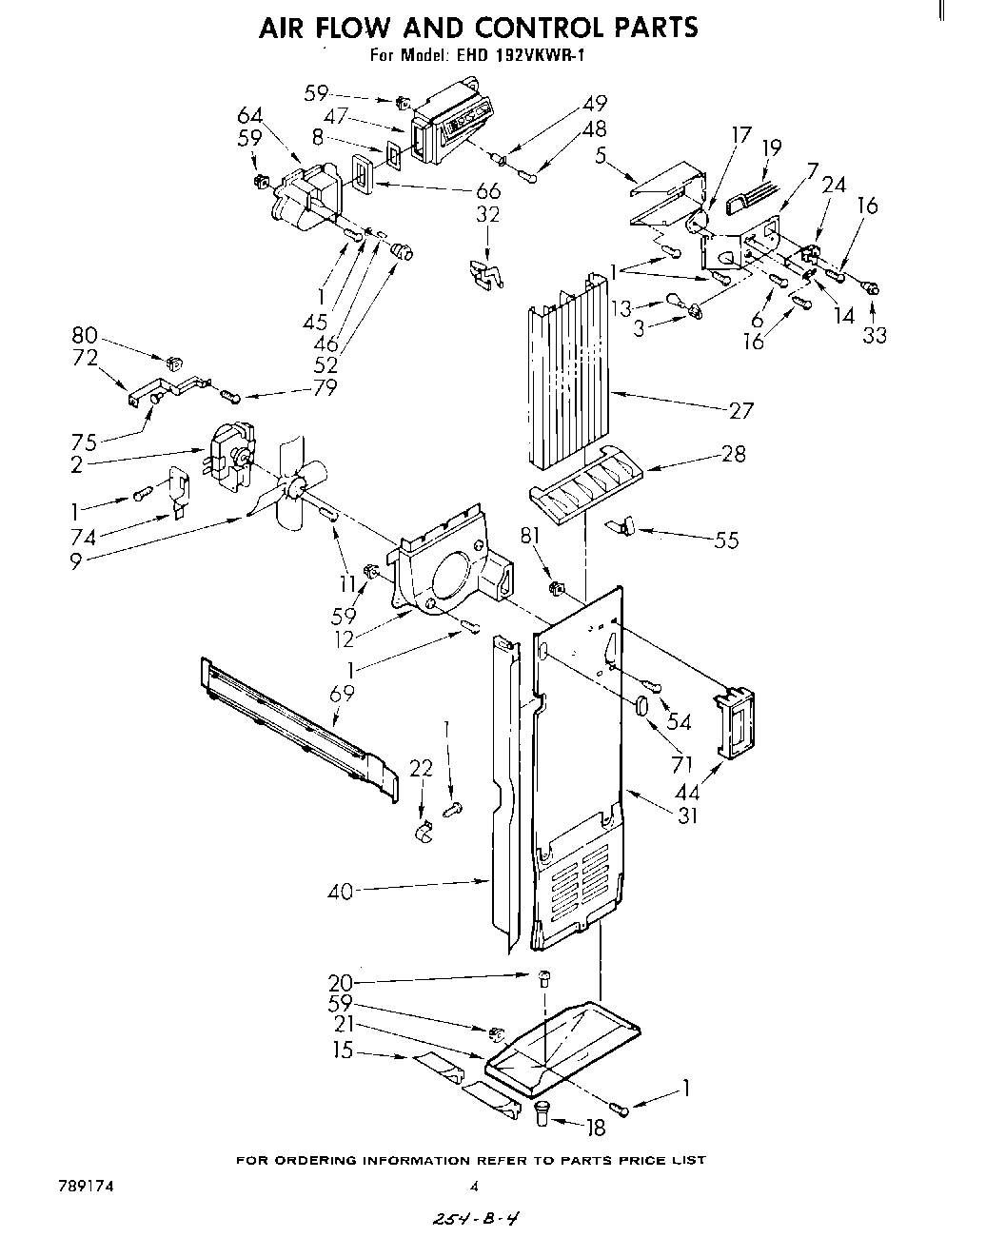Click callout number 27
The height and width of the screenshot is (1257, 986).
click(x=741, y=411)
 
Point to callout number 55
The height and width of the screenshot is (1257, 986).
click(x=725, y=540)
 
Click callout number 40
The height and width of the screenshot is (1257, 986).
click(x=340, y=892)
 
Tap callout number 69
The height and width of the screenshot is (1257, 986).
click(x=342, y=694)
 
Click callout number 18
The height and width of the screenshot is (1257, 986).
click(x=596, y=1129)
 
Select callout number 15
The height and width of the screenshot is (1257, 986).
click(x=344, y=1051)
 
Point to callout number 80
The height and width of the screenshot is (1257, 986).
click(x=85, y=335)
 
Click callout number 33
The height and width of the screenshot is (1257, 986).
click(x=874, y=335)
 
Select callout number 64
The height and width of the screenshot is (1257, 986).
click(x=249, y=115)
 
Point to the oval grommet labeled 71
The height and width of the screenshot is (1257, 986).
click(x=641, y=707)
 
